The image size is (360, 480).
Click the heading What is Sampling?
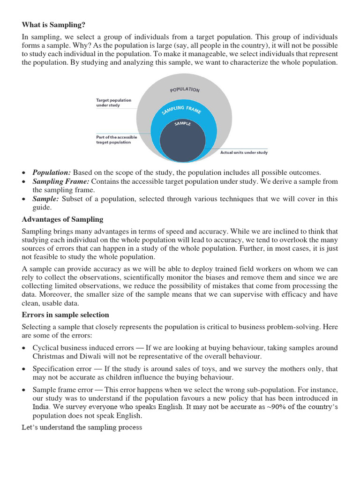54,25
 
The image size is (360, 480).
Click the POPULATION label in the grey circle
185,90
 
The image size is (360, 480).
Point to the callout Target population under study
113,103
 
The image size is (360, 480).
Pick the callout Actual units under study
244,152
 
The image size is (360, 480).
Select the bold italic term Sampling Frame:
60,181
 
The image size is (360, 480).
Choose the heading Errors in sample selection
65,315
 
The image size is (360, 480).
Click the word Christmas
48,357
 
